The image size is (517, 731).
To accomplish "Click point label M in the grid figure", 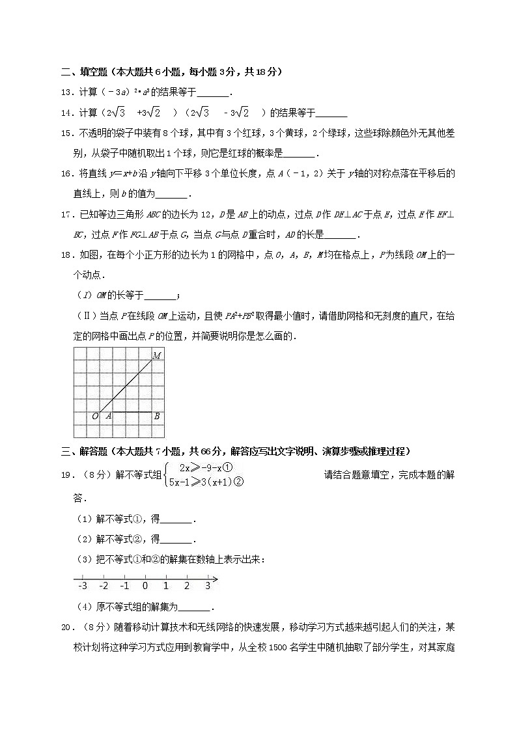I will [x=157, y=355].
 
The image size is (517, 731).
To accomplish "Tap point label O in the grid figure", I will [x=95, y=416].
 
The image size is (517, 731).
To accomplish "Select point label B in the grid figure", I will [x=157, y=416].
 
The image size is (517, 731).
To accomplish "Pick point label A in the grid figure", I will [x=108, y=416].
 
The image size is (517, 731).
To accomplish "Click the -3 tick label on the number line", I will [x=82, y=586].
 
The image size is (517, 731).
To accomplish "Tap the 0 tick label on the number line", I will [x=145, y=586].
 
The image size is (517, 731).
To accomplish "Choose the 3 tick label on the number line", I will [x=208, y=586].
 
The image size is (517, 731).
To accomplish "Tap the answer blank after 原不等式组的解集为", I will [x=195, y=607].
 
